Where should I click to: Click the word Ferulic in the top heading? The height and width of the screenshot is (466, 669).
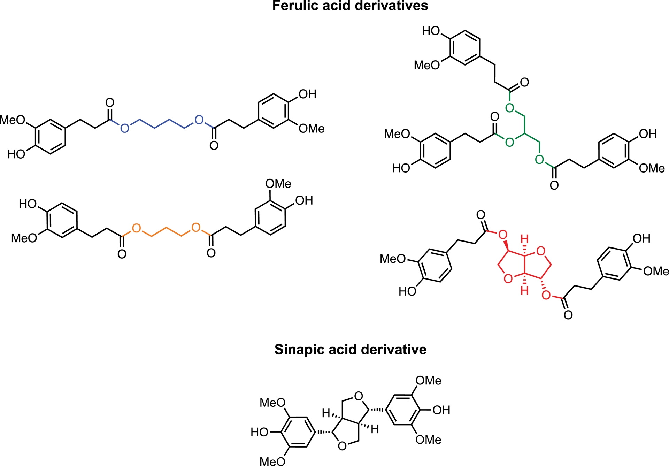pyautogui.click(x=293, y=6)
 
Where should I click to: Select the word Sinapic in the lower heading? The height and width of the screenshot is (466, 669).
pyautogui.click(x=297, y=350)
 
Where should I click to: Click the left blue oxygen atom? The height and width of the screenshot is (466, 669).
pyautogui.click(x=124, y=129)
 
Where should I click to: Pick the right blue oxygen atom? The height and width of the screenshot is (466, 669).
pyautogui.click(x=199, y=120)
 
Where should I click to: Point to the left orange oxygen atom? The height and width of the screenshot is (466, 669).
pyautogui.click(x=136, y=228)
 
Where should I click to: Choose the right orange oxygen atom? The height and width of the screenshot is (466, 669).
pyautogui.click(x=196, y=228)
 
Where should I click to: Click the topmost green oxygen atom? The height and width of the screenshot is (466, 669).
pyautogui.click(x=509, y=108)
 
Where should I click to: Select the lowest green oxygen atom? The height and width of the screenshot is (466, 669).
pyautogui.click(x=539, y=160)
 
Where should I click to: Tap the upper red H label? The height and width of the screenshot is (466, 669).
pyautogui.click(x=524, y=239)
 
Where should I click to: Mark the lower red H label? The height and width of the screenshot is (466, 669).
pyautogui.click(x=524, y=290)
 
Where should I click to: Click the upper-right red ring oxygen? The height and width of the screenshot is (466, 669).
pyautogui.click(x=541, y=251)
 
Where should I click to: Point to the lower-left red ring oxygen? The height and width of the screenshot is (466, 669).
pyautogui.click(x=508, y=278)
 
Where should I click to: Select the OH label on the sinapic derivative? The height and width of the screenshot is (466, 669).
pyautogui.click(x=441, y=410)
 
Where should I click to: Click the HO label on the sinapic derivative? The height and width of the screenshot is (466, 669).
pyautogui.click(x=260, y=433)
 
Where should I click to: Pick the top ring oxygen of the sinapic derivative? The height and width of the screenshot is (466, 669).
pyautogui.click(x=358, y=396)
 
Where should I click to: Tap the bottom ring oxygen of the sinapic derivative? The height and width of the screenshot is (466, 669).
pyautogui.click(x=342, y=446)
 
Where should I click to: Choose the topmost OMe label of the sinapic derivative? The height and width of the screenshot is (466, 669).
pyautogui.click(x=428, y=381)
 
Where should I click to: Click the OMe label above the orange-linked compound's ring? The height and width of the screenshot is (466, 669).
pyautogui.click(x=278, y=184)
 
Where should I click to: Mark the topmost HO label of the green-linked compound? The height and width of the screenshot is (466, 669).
pyautogui.click(x=431, y=31)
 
